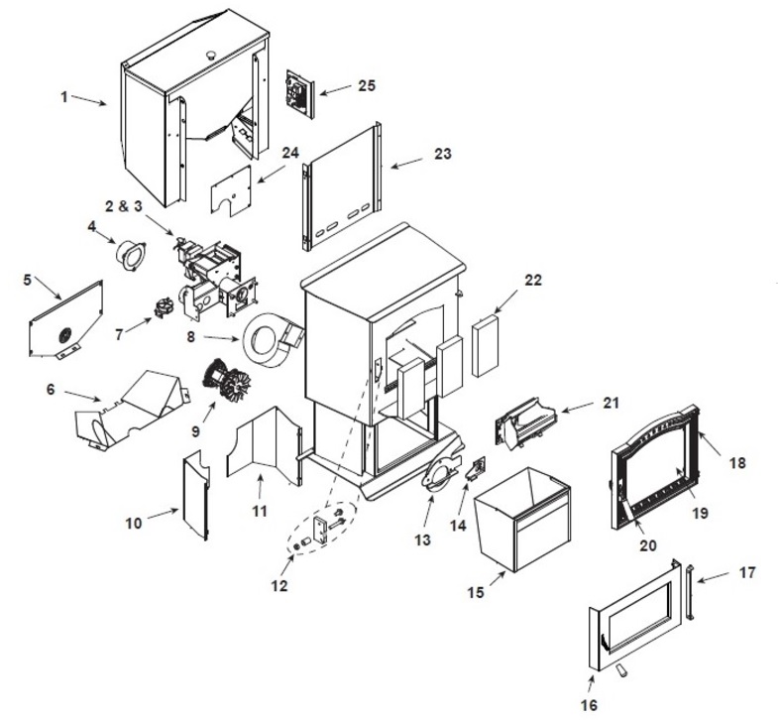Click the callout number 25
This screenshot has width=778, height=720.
366,86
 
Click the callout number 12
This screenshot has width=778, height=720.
278,586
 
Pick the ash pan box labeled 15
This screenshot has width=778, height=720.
523,522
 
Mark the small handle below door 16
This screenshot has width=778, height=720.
621,673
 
